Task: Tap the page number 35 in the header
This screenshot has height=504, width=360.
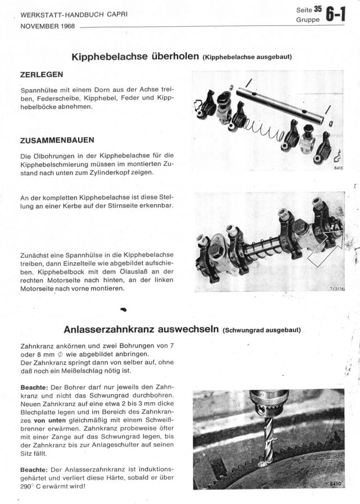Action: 317,9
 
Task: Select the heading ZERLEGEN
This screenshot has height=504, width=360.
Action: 41,74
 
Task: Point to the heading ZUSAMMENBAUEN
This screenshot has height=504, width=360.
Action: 57,140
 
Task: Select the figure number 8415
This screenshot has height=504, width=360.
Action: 337,167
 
